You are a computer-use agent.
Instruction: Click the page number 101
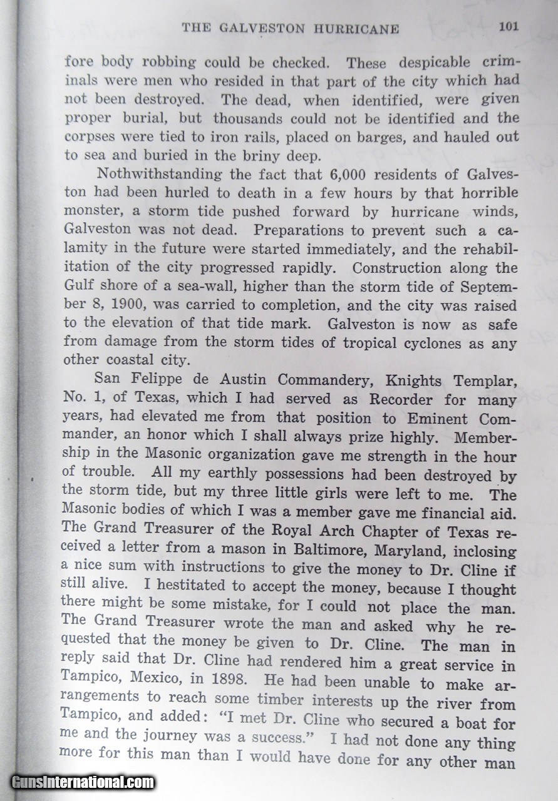509,28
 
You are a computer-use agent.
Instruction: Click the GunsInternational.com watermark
83,782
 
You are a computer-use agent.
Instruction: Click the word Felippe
163,380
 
